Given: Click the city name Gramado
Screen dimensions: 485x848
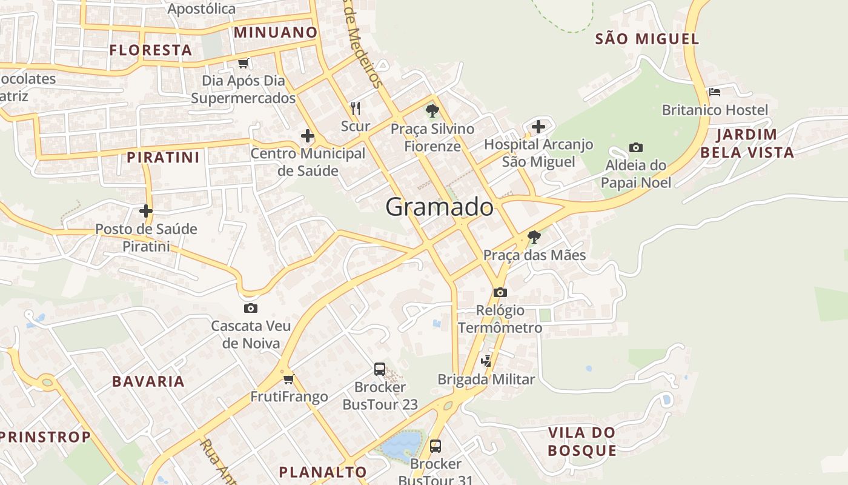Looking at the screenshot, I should pos(439,207).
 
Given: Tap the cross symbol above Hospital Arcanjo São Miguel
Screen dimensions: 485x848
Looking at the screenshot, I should pos(538,127).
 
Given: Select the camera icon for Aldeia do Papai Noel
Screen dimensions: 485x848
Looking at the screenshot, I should pos(635,147).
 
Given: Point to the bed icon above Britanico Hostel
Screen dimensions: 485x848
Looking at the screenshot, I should pos(715,92).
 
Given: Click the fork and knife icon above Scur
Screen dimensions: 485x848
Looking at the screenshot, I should pos(356,109).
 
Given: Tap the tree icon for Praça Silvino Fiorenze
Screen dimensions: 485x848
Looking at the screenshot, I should pos(432,111).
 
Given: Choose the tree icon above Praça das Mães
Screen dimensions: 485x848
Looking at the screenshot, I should pos(534,236).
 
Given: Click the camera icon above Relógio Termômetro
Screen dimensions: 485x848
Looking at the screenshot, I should pos(500,292).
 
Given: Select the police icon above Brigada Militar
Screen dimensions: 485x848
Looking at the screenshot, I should pos(486,361).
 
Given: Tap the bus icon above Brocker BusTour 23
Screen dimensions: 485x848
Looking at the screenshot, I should pos(380,369).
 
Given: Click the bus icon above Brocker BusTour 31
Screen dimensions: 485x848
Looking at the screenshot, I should pos(435,446).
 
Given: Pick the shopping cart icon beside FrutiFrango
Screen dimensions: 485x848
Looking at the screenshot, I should pos(289,379).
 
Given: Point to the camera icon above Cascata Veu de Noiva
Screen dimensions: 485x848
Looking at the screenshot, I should pos(250,308).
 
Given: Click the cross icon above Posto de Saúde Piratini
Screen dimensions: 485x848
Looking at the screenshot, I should pos(145,211).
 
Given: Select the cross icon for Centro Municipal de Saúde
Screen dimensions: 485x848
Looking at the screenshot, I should pos(308,136).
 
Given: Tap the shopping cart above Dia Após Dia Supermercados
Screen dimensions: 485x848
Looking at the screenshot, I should pos(243,63).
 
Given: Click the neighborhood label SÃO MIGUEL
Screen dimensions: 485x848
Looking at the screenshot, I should pos(647,39).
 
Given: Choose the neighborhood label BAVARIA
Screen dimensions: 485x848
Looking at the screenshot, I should pos(148,381).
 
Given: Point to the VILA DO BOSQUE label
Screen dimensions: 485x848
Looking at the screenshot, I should pos(581,441).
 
